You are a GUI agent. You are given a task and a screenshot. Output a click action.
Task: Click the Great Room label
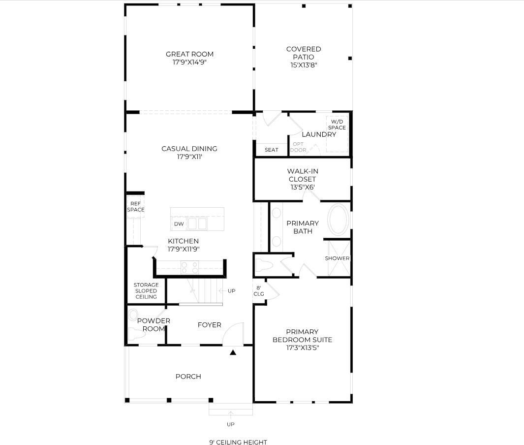(x=189, y=54)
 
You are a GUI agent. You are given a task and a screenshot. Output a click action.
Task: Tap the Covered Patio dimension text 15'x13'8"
(x=304, y=65)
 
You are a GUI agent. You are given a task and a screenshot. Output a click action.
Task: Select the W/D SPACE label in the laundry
(x=337, y=125)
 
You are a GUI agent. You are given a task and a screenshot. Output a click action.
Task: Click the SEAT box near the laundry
(x=271, y=150)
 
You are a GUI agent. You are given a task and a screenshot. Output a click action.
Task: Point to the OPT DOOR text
(x=298, y=147)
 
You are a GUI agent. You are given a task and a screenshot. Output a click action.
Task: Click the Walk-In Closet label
(x=303, y=175)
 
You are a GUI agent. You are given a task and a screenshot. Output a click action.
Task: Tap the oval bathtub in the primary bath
(x=339, y=220)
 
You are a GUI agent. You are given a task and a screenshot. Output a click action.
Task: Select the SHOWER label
(x=337, y=258)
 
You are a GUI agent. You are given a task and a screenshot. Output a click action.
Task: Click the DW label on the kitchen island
(x=179, y=224)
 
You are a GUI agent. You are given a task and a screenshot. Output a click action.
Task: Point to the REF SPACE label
(x=136, y=207)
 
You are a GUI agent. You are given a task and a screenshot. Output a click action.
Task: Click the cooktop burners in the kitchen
(x=190, y=267)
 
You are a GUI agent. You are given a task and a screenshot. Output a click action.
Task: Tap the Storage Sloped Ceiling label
(x=146, y=291)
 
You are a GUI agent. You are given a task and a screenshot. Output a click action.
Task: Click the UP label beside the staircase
(x=231, y=291)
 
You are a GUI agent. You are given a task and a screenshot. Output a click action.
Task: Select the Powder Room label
(x=154, y=325)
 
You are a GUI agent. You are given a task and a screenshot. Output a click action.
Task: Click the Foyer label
(x=209, y=325)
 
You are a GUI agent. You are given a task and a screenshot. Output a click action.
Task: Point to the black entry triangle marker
(x=233, y=352)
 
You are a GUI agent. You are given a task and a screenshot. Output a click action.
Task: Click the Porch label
(x=188, y=377)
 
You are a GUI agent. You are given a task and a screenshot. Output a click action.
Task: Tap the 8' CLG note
(x=259, y=291)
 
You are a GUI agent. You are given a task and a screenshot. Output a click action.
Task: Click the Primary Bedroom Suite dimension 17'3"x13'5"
(x=303, y=348)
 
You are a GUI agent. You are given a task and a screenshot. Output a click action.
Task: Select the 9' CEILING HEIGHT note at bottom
(x=238, y=442)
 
